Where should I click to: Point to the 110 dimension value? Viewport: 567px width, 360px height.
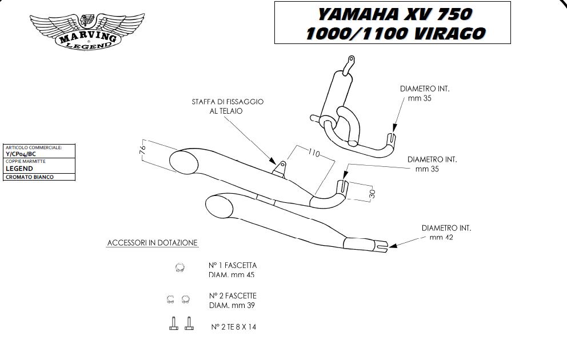[313, 154]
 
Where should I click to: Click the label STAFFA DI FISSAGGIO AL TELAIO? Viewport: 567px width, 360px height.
[227, 106]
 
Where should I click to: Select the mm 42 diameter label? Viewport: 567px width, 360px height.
[441, 237]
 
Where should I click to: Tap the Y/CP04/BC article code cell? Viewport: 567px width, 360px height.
[21, 154]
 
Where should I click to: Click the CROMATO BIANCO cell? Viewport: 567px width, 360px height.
[30, 177]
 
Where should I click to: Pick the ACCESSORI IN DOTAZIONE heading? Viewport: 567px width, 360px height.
[153, 243]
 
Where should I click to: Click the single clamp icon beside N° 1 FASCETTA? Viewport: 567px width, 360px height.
[179, 267]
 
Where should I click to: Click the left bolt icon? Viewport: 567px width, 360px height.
[174, 324]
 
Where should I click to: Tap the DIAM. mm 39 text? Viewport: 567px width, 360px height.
[232, 305]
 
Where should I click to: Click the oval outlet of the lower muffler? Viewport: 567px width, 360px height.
[218, 206]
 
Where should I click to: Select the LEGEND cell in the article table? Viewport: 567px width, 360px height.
[19, 169]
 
